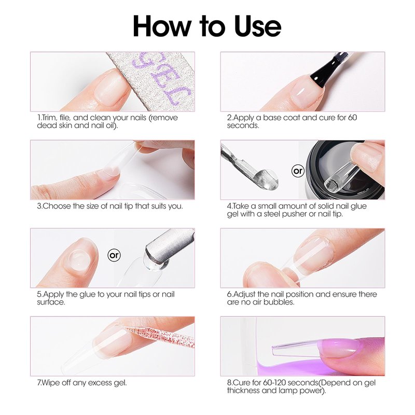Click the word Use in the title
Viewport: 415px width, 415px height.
257,26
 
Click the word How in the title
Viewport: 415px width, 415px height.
162,26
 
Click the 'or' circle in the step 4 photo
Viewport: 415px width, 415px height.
298,171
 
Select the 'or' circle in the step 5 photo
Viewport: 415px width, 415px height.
114,255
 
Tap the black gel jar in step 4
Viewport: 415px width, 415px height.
344,170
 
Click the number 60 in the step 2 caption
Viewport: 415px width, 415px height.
352,118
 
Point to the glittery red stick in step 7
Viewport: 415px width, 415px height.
159,336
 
